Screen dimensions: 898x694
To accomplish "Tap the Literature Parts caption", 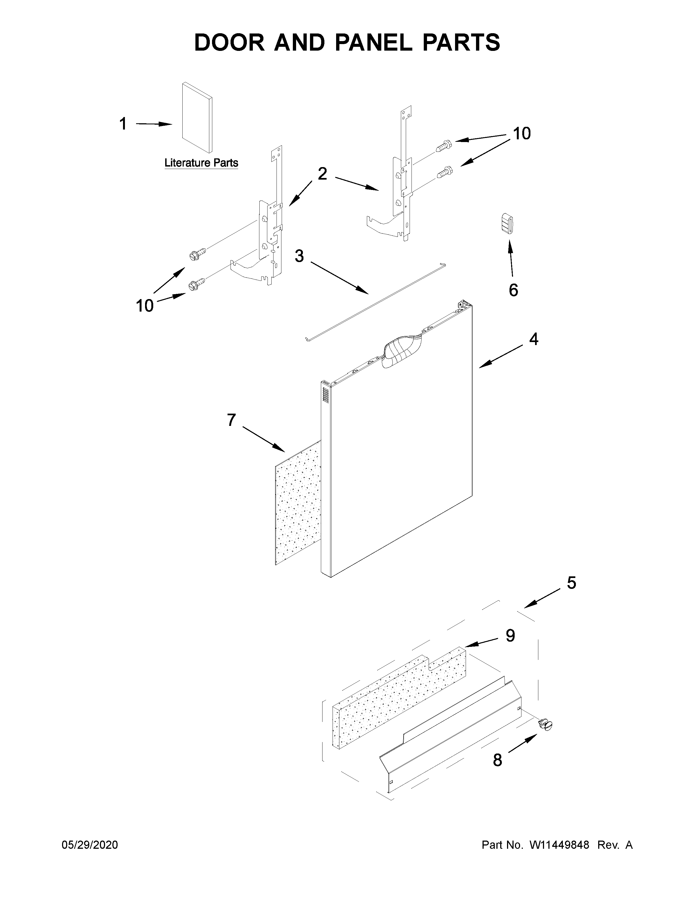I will click(x=201, y=163).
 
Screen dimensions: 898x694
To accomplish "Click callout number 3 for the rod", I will click(x=299, y=256).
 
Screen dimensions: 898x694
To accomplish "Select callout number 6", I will click(x=513, y=290).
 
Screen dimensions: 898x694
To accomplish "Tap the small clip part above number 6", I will click(x=508, y=223).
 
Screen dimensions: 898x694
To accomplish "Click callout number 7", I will click(x=232, y=420).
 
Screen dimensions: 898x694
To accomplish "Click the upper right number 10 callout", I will click(x=522, y=134).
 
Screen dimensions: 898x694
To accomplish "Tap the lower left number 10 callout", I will click(x=145, y=306).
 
